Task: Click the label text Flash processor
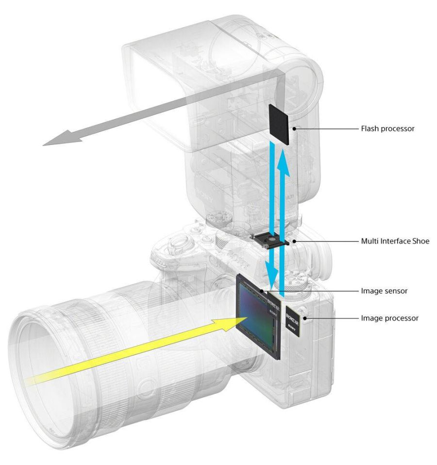pyautogui.click(x=387, y=129)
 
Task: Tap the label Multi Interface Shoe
pyautogui.click(x=395, y=241)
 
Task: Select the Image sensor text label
pyautogui.click(x=384, y=291)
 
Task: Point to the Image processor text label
pyautogui.click(x=389, y=318)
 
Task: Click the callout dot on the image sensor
pyautogui.click(x=262, y=291)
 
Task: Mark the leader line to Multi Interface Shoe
pyautogui.click(x=320, y=241)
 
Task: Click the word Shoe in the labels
pyautogui.click(x=420, y=241)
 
